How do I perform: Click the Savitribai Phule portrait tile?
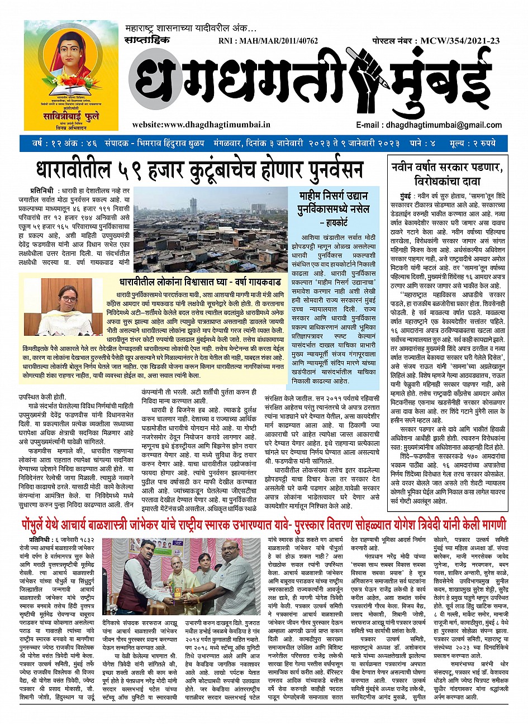71,75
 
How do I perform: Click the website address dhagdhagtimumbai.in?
201,125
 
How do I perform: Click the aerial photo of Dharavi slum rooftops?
211,228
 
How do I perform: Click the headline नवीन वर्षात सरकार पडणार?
448,166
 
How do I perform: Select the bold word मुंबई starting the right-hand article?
402,197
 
